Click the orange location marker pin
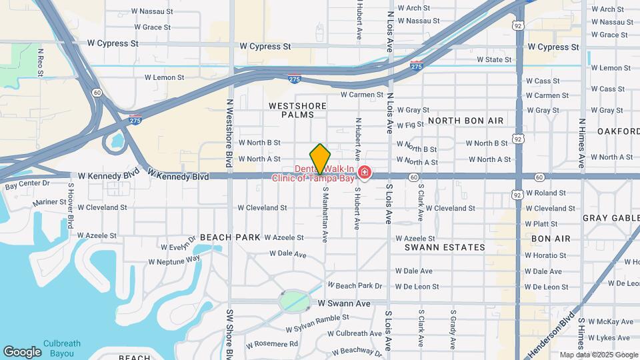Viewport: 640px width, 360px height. tap(320, 159)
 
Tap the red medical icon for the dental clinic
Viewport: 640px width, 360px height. tap(364, 173)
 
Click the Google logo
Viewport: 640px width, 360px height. tap(22, 352)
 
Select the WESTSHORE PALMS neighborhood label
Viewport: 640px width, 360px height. tap(297, 110)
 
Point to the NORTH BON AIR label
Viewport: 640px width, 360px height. tap(466, 120)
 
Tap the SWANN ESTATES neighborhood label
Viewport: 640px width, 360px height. tap(445, 247)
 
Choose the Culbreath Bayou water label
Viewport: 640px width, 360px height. tap(62, 348)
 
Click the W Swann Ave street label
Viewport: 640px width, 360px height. tap(344, 303)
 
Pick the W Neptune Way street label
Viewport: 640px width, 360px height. tap(175, 260)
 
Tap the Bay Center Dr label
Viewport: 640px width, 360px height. tap(27, 183)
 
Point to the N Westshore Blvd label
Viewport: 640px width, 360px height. tap(229, 125)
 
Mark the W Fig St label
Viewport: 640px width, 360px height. tap(410, 125)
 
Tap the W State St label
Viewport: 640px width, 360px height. tap(494, 59)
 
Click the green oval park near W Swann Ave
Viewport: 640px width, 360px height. tap(294, 301)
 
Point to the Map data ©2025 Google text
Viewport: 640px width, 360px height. tap(599, 355)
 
